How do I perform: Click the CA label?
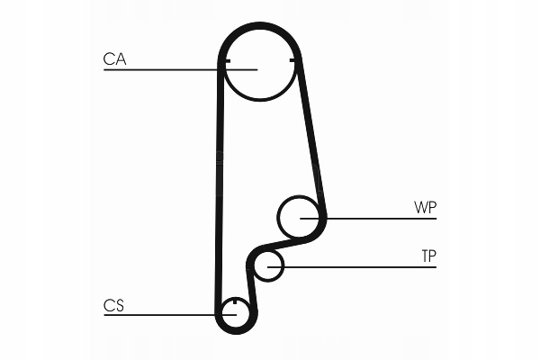point(114,59)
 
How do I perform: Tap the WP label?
point(425,208)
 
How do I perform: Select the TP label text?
point(428,256)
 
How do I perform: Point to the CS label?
point(113,306)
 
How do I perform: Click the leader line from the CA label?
point(162,69)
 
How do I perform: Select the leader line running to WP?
point(378,218)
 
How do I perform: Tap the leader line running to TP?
point(360,266)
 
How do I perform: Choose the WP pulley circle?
point(298,217)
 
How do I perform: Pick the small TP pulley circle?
point(267,265)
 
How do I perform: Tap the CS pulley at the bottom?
point(234,313)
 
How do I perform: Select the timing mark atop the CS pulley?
point(234,301)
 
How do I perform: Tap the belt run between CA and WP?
point(310,135)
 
